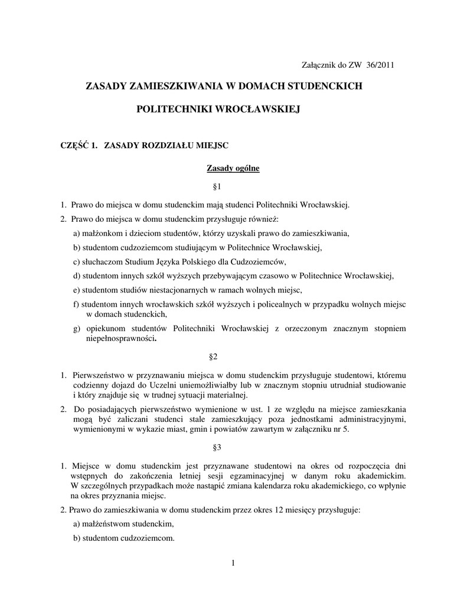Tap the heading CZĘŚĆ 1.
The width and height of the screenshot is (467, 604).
pos(76,145)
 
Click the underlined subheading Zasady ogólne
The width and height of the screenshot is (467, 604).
pos(233,169)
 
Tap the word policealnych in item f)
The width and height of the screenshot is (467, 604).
pos(295,304)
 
